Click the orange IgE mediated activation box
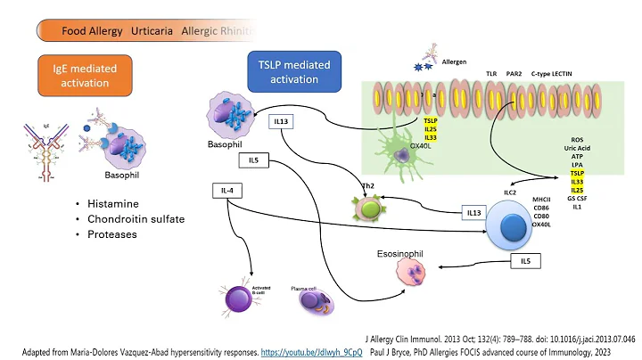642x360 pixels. [85, 76]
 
